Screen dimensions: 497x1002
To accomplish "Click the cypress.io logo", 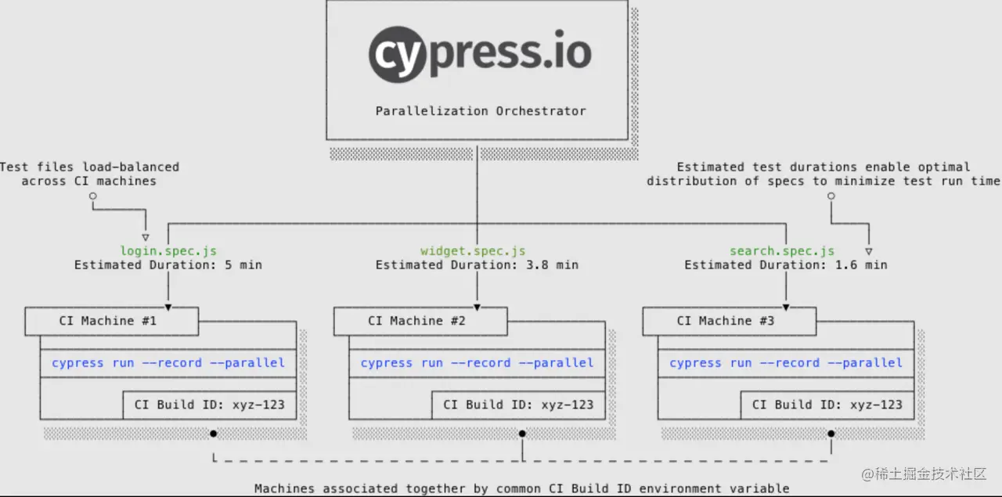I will click(x=480, y=52).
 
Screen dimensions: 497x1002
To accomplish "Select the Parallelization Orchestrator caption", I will click(x=480, y=111).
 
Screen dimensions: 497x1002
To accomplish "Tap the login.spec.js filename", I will click(x=168, y=251).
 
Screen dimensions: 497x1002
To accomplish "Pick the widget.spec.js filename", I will click(x=473, y=251).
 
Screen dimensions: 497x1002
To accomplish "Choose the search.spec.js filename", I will click(x=782, y=251).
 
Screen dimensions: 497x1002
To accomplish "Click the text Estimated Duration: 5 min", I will click(x=168, y=265).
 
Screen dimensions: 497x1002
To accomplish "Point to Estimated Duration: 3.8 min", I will click(x=477, y=265).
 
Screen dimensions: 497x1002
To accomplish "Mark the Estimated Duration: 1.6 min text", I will click(x=786, y=265).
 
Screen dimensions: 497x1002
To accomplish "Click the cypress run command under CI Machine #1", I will click(x=168, y=363).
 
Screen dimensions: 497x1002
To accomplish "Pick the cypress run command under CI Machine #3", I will click(x=786, y=363).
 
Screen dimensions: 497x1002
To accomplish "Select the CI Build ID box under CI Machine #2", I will click(x=518, y=405).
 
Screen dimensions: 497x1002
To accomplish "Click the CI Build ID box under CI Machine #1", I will click(x=209, y=405).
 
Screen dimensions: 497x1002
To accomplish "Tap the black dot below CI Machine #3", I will click(x=831, y=433).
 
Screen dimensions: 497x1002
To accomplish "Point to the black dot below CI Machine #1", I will click(x=213, y=433).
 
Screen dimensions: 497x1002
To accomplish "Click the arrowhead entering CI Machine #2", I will click(x=477, y=306).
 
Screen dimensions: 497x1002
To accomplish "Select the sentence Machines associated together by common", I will click(x=522, y=488).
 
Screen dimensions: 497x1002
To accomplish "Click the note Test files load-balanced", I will click(x=89, y=174).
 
